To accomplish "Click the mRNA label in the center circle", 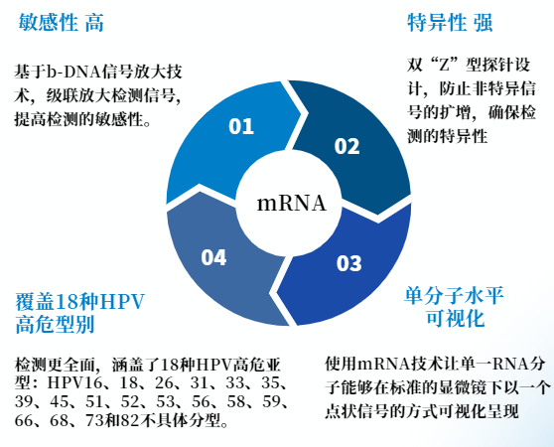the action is [291, 204].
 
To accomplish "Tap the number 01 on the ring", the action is [241, 126].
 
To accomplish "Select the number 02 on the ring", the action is [346, 146].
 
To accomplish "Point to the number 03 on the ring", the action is [349, 263].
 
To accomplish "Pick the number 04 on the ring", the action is [213, 257].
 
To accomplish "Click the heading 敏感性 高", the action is [62, 22].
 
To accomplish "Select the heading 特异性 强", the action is [450, 22].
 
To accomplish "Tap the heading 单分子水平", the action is [454, 295].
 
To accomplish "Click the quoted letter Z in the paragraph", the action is [443, 65].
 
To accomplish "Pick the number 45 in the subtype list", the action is [60, 401].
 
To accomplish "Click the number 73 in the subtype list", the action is [94, 420].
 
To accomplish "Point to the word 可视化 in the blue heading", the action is [455, 318].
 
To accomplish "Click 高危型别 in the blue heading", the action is [55, 324].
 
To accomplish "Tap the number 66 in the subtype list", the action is [24, 420].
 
